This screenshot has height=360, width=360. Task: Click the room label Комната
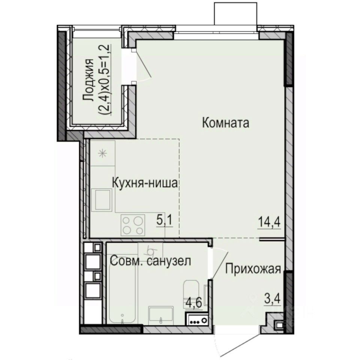pyautogui.click(x=225, y=123)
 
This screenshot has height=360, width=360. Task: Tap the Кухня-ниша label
pyautogui.click(x=145, y=183)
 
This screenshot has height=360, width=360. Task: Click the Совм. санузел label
pyautogui.click(x=151, y=261)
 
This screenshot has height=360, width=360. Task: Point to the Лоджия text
pyautogui.click(x=89, y=80)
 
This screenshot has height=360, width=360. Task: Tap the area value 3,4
pyautogui.click(x=272, y=300)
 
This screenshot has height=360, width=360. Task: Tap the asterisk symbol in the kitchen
pyautogui.click(x=102, y=153)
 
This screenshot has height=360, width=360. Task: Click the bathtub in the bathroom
pyautogui.click(x=122, y=289)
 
